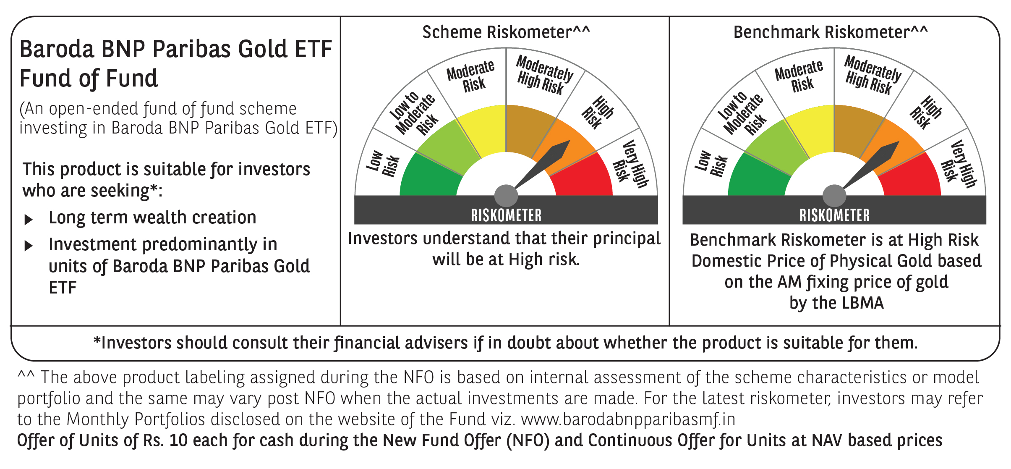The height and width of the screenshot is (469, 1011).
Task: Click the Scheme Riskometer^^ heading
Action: [x=506, y=32]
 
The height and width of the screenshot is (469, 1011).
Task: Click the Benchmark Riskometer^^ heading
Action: [x=831, y=32]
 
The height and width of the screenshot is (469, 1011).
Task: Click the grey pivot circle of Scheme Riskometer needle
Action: [x=506, y=196]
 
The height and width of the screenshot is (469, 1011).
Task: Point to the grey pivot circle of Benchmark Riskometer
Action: [x=834, y=196]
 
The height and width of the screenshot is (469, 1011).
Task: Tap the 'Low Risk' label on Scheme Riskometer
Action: [x=383, y=164]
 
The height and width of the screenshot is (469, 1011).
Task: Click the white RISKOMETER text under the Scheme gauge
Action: [x=506, y=215]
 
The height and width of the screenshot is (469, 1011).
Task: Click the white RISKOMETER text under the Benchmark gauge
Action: [x=834, y=215]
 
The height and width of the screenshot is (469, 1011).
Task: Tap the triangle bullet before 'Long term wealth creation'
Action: [x=29, y=219]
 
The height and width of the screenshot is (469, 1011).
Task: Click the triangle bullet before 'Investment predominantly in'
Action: [x=29, y=246]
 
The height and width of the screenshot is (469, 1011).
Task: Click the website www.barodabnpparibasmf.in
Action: [x=628, y=419]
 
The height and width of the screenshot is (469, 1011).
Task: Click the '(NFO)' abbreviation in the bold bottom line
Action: [x=528, y=440]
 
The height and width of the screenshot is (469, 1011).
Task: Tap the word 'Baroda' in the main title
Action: [x=57, y=49]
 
